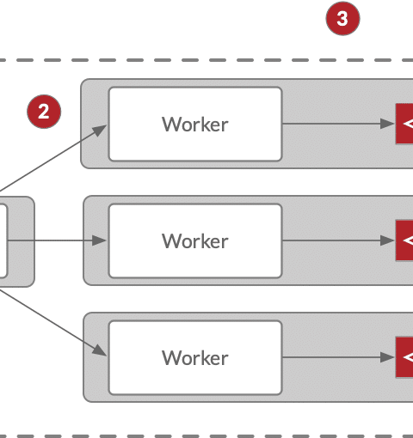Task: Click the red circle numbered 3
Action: point(342,19)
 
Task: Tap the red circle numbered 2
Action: point(44,112)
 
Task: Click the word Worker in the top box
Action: point(195,125)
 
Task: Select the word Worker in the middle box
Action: point(195,241)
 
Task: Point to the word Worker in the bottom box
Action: point(195,358)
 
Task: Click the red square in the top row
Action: point(404,124)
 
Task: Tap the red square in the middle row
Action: point(404,240)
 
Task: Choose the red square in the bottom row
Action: point(404,357)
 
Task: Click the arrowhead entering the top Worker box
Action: point(100,131)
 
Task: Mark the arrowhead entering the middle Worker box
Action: point(99,240)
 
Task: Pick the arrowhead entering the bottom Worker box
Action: point(100,350)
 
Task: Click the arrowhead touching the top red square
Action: point(388,124)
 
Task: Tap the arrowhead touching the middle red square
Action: point(388,240)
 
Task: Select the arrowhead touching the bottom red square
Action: point(388,357)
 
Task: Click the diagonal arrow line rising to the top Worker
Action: point(53,158)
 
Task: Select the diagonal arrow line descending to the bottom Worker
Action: point(53,323)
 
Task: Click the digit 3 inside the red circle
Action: point(342,19)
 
